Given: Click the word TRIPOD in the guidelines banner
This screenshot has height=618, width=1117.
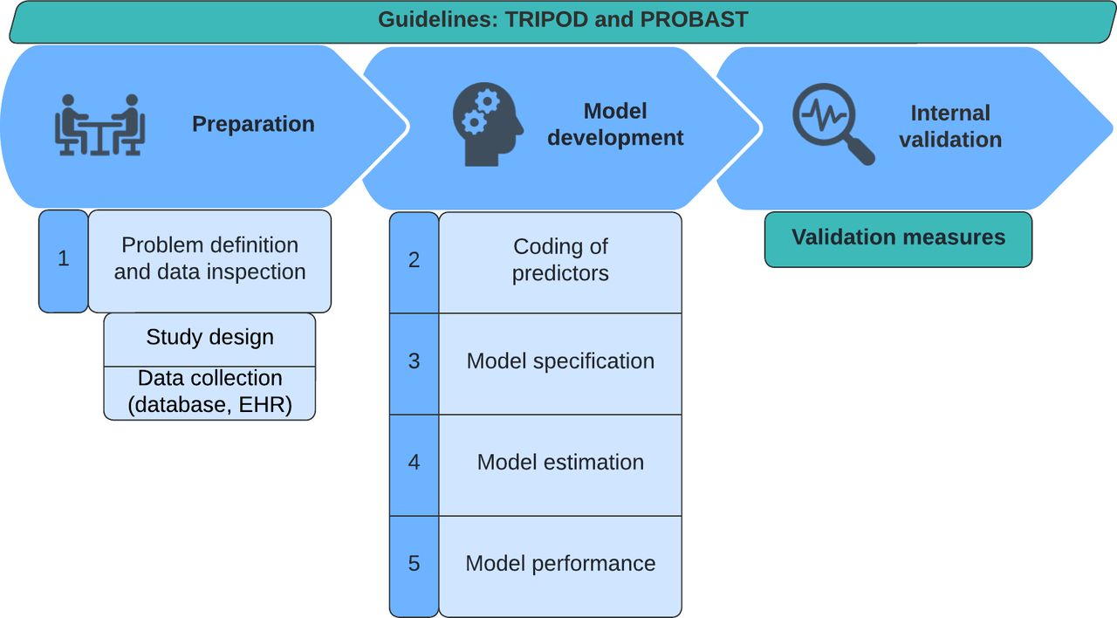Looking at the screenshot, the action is [547, 19].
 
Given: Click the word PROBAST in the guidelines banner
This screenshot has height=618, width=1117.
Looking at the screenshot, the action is [694, 19].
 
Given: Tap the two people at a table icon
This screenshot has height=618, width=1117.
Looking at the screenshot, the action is [99, 125].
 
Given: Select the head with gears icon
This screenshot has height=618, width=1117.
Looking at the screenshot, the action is [488, 124].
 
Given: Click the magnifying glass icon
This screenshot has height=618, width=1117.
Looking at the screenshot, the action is [833, 124].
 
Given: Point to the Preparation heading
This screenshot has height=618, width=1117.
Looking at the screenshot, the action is [253, 124].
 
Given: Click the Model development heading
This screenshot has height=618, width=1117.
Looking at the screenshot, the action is [615, 124].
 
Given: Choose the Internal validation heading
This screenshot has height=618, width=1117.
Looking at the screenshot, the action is [950, 127].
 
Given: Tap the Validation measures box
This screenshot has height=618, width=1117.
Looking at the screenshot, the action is [898, 239].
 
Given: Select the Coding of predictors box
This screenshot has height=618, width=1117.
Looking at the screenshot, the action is [560, 263].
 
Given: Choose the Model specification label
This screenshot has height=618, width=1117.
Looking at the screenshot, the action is [560, 360].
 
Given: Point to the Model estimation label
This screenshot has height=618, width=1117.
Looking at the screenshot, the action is [560, 462].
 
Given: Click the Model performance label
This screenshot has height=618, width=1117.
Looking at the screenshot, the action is [560, 563].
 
